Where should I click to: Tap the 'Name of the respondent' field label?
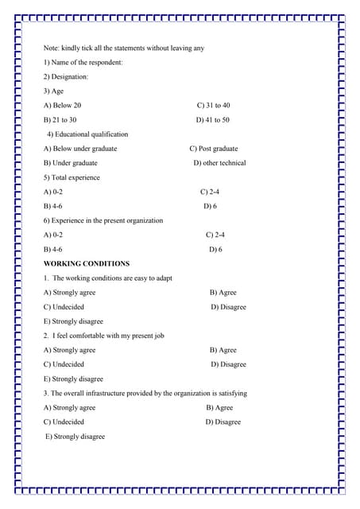pyautogui.click(x=83, y=62)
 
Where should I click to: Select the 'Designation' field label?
pyautogui.click(x=66, y=76)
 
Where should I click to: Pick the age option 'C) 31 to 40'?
pyautogui.click(x=213, y=105)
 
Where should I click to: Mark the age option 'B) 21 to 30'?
pyautogui.click(x=60, y=119)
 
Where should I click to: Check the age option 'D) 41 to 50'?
pyautogui.click(x=212, y=119)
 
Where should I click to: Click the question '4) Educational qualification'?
pyautogui.click(x=87, y=134)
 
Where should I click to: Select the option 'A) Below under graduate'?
pyautogui.click(x=80, y=148)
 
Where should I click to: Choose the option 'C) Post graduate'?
pyautogui.click(x=213, y=148)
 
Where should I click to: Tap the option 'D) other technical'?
pyautogui.click(x=219, y=163)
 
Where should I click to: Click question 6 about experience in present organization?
pyautogui.click(x=103, y=220)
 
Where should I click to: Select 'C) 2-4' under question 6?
pyautogui.click(x=215, y=235)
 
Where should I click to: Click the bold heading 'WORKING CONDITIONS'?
pyautogui.click(x=86, y=263)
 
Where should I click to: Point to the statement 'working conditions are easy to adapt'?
pyautogui.click(x=112, y=278)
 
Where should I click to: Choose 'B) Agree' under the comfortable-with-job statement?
pyautogui.click(x=223, y=350)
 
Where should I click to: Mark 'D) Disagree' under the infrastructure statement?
pyautogui.click(x=223, y=422)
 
